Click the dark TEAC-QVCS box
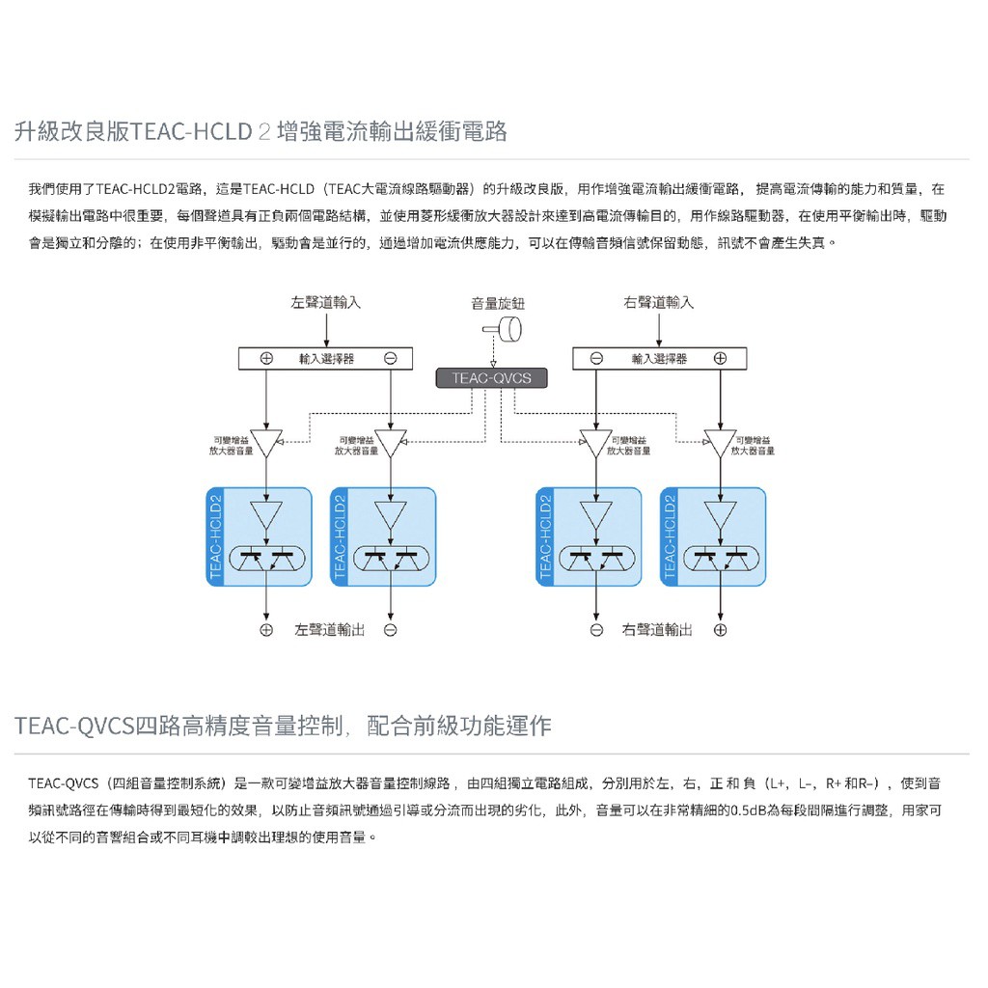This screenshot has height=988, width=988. [491, 377]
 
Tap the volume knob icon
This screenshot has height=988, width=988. [504, 331]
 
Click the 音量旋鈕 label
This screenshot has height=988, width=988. [498, 303]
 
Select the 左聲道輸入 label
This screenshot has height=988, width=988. [326, 302]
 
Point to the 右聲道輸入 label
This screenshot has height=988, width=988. [658, 302]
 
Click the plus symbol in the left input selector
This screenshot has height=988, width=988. [266, 358]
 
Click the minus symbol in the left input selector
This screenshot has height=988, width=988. [390, 358]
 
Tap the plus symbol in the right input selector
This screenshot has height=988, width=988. [720, 358]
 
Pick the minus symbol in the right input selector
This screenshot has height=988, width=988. [596, 358]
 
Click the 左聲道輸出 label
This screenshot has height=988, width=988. [329, 630]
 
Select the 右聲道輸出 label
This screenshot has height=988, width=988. [657, 630]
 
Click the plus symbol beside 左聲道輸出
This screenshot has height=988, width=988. [266, 630]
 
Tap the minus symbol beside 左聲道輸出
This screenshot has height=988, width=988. [390, 630]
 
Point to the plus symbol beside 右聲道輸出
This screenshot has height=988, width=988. [720, 630]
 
